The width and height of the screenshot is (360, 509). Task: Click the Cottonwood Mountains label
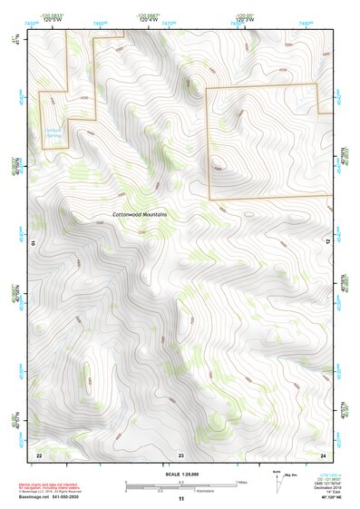[x=141, y=214]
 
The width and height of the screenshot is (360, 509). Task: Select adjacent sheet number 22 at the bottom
[x=39, y=454]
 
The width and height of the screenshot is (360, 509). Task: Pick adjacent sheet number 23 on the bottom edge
[x=180, y=454]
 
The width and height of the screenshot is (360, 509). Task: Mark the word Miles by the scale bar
[x=242, y=482]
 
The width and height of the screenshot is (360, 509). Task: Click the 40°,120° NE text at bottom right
[x=323, y=498]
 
